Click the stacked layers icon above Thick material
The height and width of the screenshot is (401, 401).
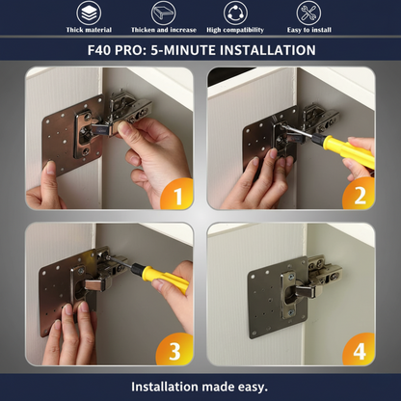89,13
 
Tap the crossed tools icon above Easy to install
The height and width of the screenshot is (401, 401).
308,13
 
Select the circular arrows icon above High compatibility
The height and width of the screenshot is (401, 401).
235,13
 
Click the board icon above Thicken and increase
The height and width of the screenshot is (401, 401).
163,13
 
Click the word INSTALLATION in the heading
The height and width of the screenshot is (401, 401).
267,50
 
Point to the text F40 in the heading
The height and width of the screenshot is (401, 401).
99,50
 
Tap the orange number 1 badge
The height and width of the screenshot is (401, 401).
176,194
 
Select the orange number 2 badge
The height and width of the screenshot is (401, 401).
359,194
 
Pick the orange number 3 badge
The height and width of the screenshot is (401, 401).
175,350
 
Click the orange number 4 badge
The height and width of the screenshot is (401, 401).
359,350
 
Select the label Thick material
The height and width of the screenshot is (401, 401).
89,30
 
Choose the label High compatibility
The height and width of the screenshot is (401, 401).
235,30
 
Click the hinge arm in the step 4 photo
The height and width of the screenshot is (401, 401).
308,290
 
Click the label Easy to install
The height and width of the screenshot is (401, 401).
309,30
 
